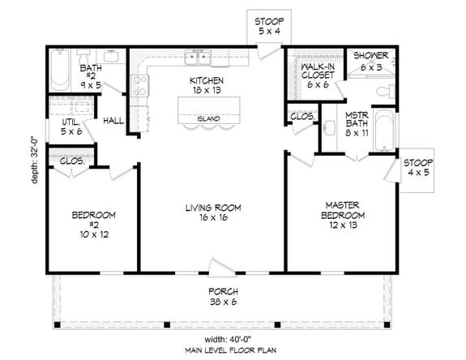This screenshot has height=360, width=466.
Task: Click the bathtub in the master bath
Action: click(385, 131)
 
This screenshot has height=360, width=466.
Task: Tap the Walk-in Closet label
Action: click(314, 75)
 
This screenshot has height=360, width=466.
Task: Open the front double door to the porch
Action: click(220, 266)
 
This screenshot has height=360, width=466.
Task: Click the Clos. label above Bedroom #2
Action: click(71, 161)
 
